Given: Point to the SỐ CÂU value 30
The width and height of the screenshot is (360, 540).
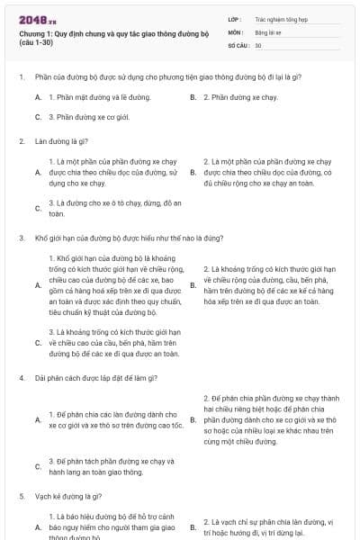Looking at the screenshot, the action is (258, 45).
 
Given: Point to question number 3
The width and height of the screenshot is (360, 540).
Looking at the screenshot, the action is (21, 238).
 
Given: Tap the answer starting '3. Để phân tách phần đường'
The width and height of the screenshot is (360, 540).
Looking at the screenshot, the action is (108, 467).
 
